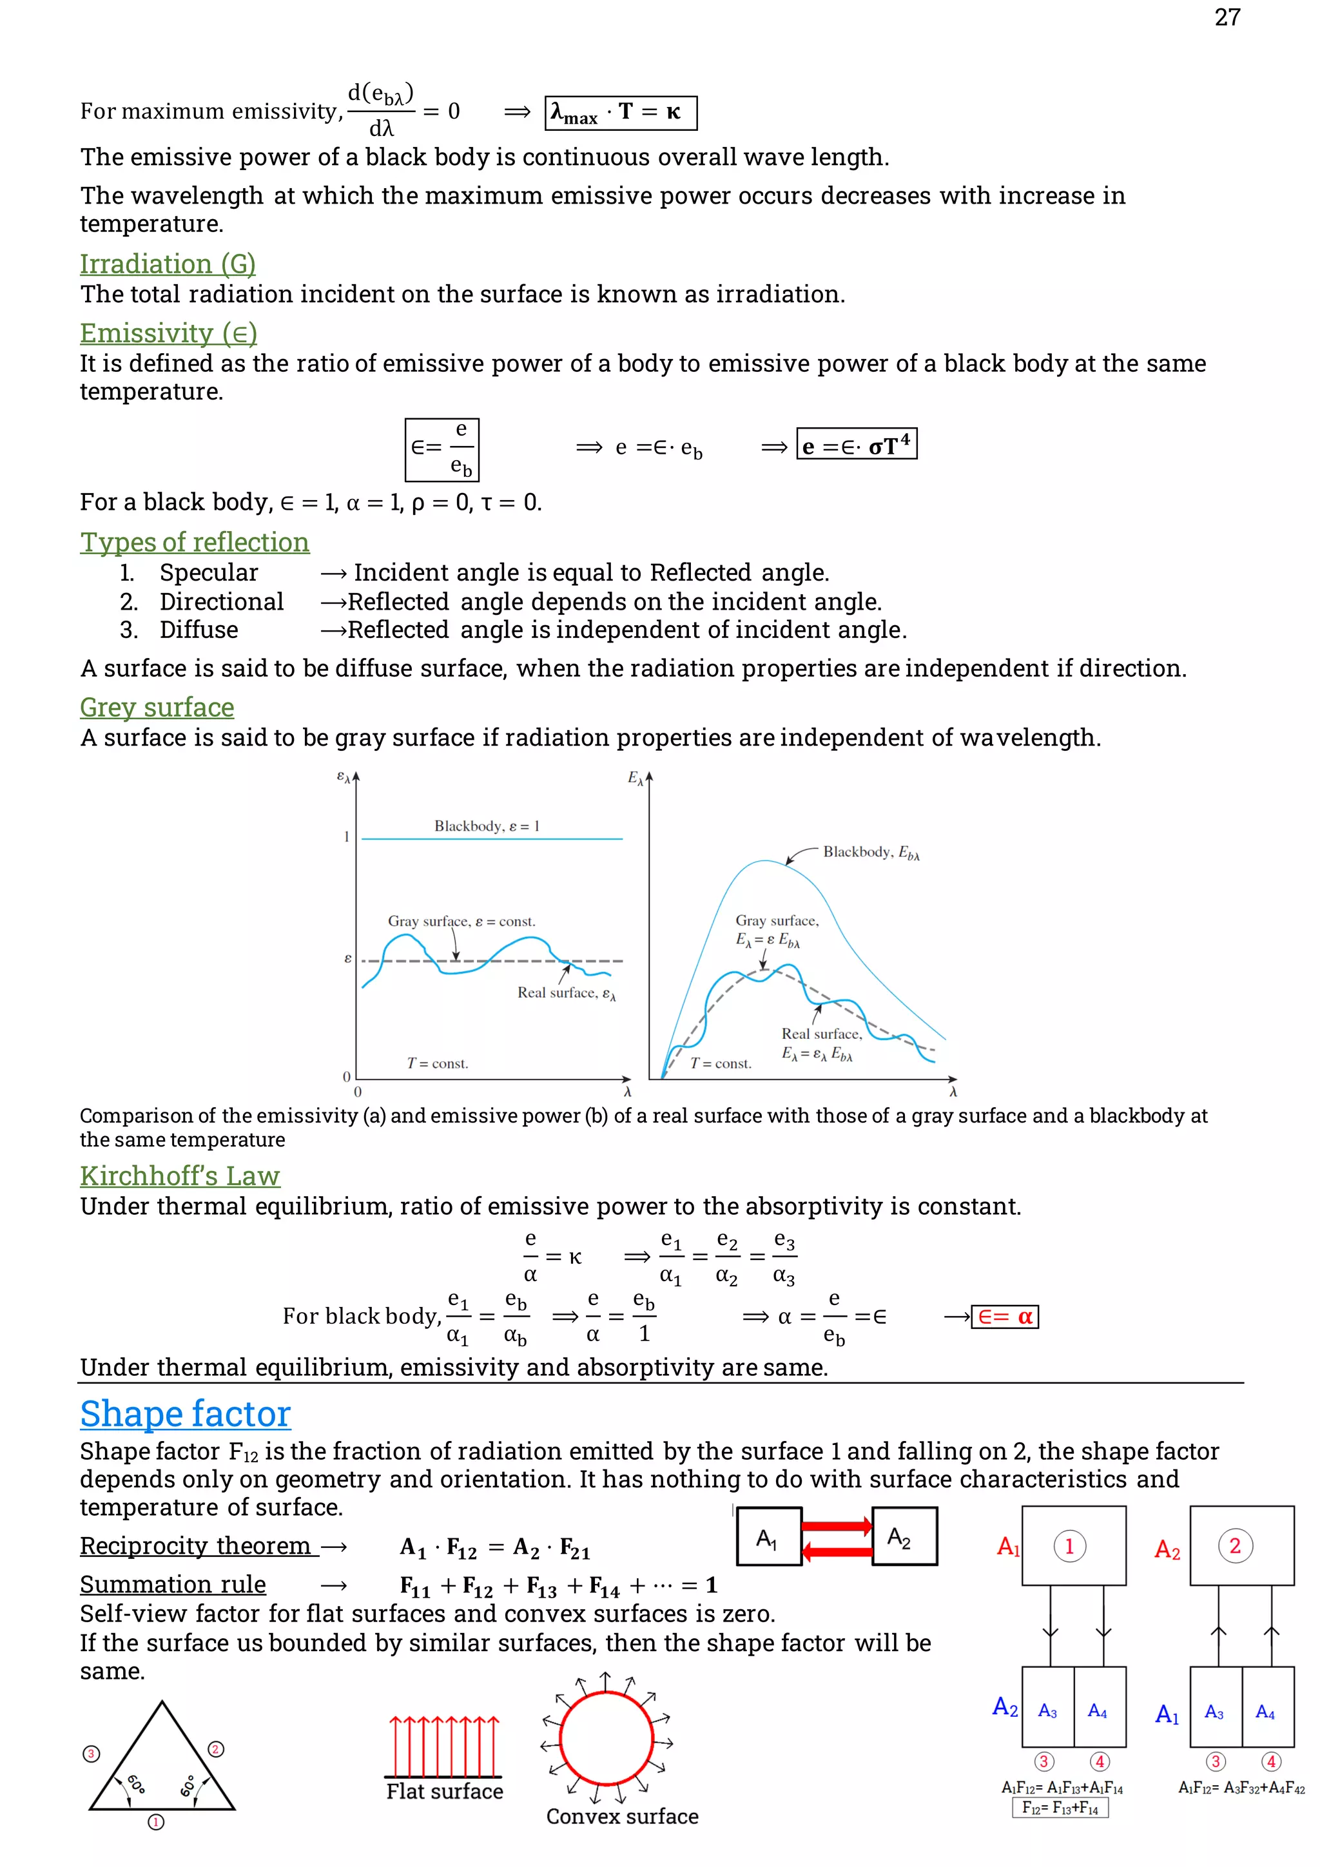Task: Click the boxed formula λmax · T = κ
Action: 621,112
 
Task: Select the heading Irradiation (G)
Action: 168,264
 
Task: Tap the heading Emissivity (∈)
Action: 168,333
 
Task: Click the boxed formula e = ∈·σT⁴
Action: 857,445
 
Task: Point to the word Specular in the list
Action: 208,572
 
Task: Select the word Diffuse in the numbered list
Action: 199,630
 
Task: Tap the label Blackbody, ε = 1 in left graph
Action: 487,826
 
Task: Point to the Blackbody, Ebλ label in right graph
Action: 870,852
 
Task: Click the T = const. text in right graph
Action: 721,1063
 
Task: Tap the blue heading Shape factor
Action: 186,1413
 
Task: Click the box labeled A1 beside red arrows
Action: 768,1536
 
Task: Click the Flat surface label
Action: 444,1792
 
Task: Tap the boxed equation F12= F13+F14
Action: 1060,1808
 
